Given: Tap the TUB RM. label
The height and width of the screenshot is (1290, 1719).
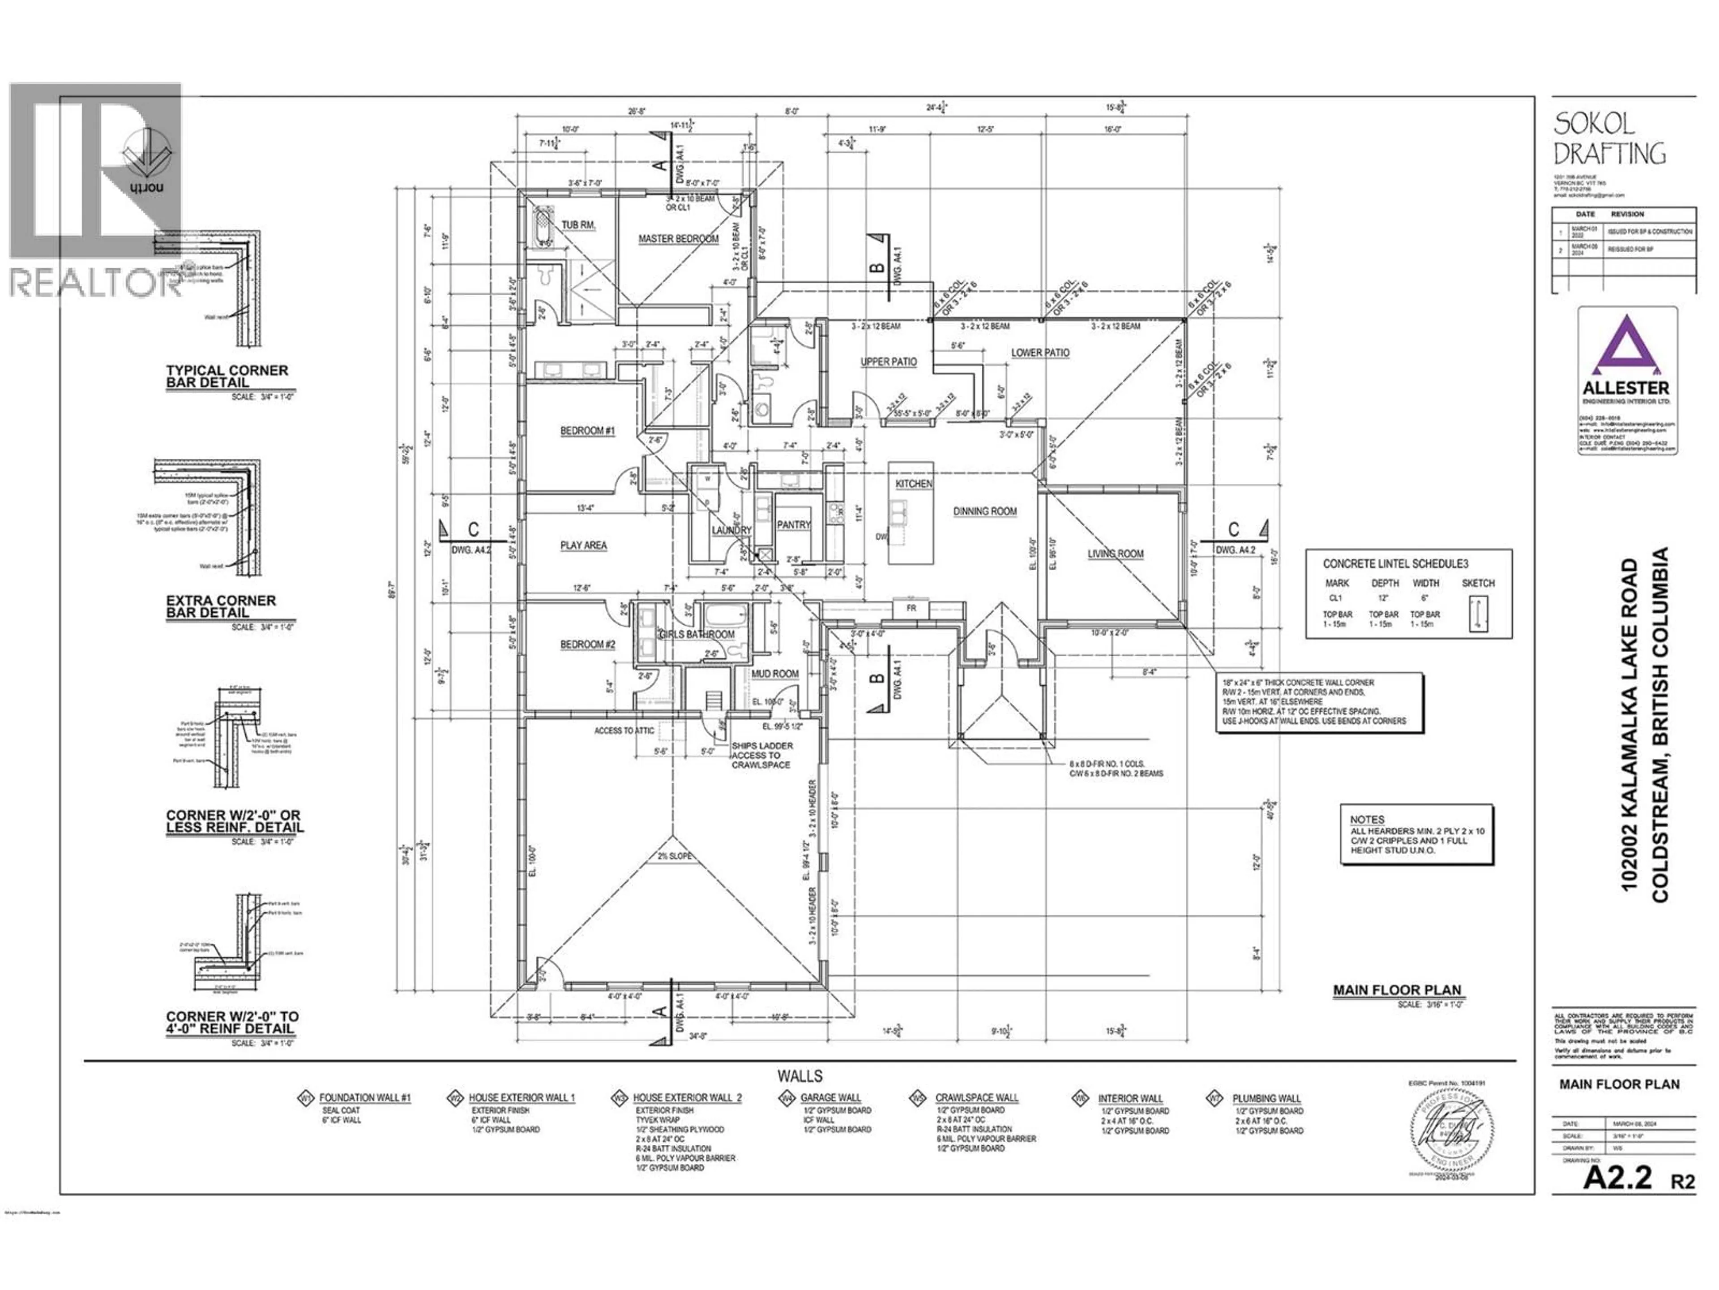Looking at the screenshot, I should [578, 225].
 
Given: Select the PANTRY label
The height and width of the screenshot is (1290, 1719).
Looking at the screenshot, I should [793, 525].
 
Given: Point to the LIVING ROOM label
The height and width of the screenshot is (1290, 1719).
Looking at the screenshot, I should [1115, 554].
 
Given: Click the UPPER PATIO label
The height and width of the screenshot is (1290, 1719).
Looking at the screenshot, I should [888, 361].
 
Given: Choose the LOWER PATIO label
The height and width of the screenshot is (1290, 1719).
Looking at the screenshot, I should [1040, 352].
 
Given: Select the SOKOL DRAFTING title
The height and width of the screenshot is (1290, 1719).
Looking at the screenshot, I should [1608, 138].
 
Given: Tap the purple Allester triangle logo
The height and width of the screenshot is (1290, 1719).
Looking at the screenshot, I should [1626, 346].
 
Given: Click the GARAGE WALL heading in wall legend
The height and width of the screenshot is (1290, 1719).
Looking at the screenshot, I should [831, 1098].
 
